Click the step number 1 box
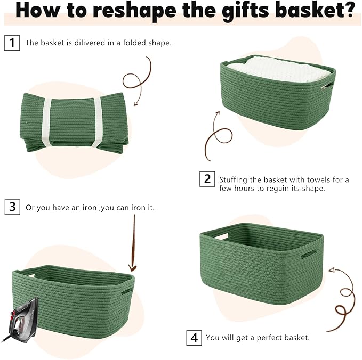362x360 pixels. coord(12,43)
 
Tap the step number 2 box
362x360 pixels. coord(207,179)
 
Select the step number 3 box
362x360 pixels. coord(12,207)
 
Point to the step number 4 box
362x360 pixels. coord(194,337)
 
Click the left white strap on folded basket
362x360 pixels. coord(47,119)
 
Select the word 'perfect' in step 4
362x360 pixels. coord(269,338)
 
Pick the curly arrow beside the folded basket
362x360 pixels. coord(133,85)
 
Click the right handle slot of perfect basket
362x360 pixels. coord(309,255)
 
